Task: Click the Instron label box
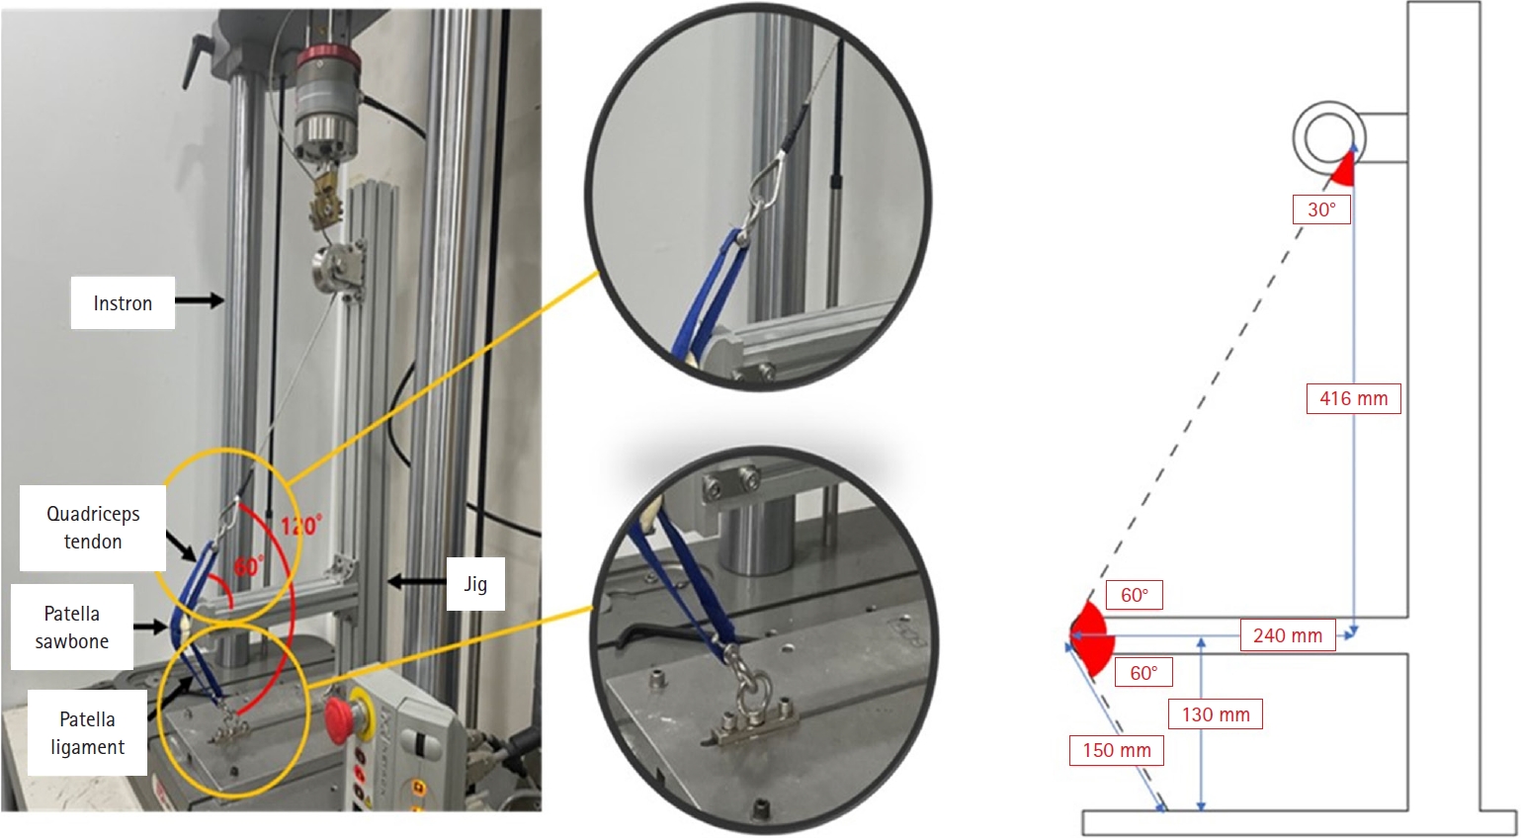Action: pos(123,303)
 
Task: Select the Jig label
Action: pos(475,584)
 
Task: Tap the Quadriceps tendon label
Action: pos(93,528)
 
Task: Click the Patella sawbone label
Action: pos(72,627)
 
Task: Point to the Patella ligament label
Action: pos(88,732)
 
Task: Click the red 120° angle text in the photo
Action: pos(301,526)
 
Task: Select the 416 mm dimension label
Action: pos(1354,398)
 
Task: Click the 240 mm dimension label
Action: pos(1288,635)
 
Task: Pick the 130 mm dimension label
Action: pos(1216,714)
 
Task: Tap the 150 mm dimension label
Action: pos(1117,750)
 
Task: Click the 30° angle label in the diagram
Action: pos(1320,209)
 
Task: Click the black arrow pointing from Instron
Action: pos(200,300)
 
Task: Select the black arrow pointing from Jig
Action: pos(416,582)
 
